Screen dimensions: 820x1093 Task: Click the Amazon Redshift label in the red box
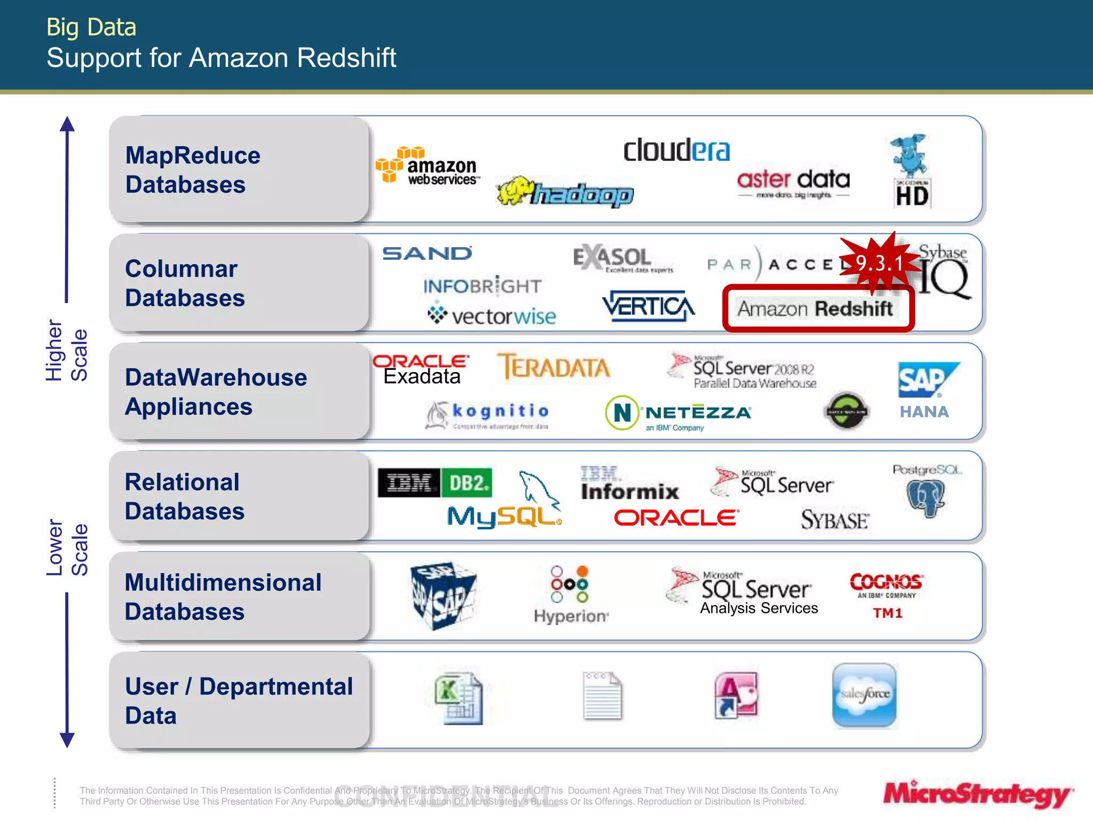pyautogui.click(x=814, y=309)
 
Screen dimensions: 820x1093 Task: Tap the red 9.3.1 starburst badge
pyautogui.click(x=878, y=263)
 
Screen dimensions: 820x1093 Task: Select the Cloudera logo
pyautogui.click(x=676, y=151)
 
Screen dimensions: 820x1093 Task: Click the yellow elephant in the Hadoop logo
pyautogui.click(x=514, y=191)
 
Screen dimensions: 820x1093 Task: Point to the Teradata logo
pyautogui.click(x=553, y=367)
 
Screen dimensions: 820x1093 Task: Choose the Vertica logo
pyautogui.click(x=648, y=306)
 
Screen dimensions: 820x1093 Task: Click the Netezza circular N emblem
pyautogui.click(x=622, y=413)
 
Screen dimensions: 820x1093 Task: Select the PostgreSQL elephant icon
pyautogui.click(x=926, y=498)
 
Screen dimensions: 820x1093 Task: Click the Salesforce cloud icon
pyautogui.click(x=864, y=695)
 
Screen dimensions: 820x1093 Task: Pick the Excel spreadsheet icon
pyautogui.click(x=459, y=698)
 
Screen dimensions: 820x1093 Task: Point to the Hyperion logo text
pyautogui.click(x=571, y=616)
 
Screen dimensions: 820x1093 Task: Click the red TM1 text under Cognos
pyautogui.click(x=887, y=613)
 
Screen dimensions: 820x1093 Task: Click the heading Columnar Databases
pyautogui.click(x=185, y=283)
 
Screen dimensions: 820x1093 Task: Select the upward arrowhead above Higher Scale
pyautogui.click(x=67, y=124)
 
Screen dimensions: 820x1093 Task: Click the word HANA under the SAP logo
pyautogui.click(x=924, y=412)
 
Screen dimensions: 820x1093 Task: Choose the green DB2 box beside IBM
pyautogui.click(x=468, y=483)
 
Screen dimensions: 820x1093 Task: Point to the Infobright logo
pyautogui.click(x=482, y=286)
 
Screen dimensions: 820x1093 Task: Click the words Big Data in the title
pyautogui.click(x=91, y=27)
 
